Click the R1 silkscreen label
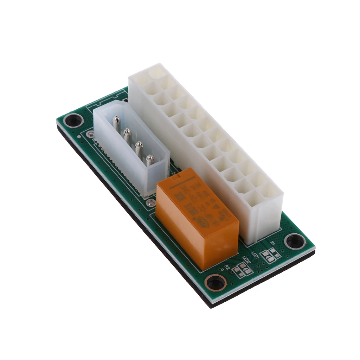tap(272, 244)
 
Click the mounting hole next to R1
tap(295, 242)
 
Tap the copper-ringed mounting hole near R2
tap(215, 282)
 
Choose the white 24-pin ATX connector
tap(207, 148)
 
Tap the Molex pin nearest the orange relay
tap(150, 160)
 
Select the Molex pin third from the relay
tap(128, 134)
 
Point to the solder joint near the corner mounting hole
tap(91, 134)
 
